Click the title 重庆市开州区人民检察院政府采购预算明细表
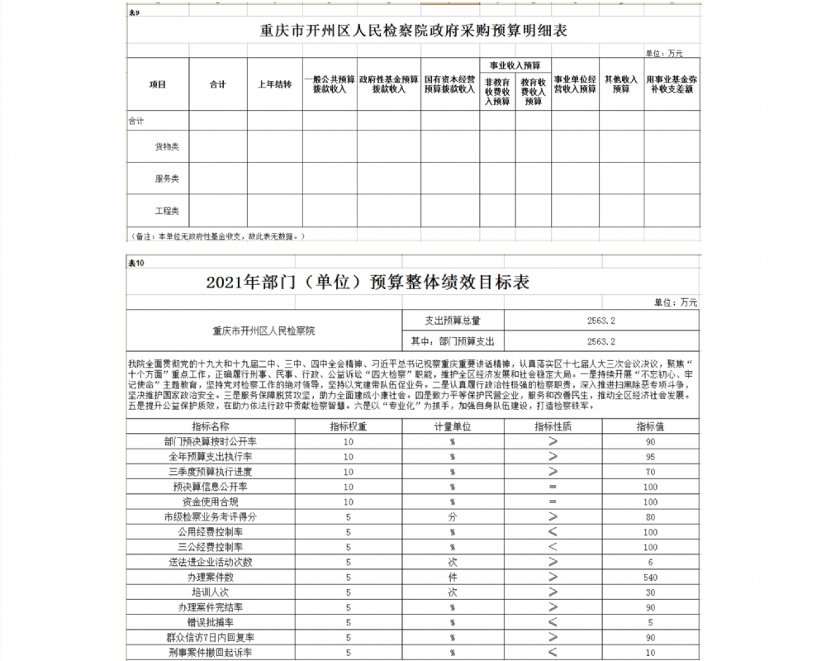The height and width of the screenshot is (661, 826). coord(413,31)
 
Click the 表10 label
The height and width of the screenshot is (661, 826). coord(136,263)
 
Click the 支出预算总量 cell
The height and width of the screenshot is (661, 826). coord(452,320)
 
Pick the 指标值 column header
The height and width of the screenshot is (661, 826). coord(650,427)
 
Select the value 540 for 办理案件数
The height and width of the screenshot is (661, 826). coord(650,578)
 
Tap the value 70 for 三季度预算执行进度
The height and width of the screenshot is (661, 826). coord(650,472)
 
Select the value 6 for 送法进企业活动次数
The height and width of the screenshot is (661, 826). coord(650,562)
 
